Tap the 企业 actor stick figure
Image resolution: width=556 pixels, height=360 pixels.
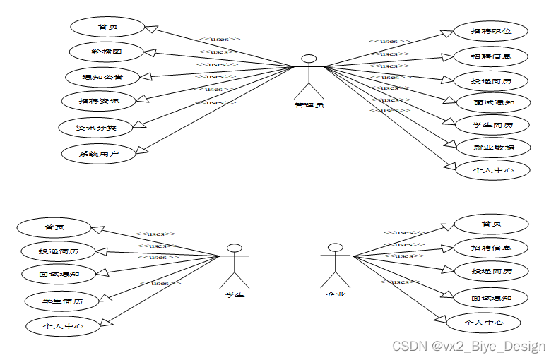336,265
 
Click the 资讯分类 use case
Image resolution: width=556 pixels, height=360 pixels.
96,127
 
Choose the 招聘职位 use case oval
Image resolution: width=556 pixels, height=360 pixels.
491,31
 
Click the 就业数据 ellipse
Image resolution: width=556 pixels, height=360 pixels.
492,148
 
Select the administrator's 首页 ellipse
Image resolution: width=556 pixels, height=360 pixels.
107,28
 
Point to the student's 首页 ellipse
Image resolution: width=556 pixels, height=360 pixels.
54,227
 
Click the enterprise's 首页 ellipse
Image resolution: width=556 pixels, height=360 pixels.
491,224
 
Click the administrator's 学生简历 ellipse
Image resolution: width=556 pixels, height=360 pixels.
492,125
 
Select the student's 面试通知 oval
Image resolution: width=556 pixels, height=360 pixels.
59,273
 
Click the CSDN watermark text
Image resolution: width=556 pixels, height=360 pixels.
468,346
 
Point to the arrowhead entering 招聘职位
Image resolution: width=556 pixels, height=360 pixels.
447,33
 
